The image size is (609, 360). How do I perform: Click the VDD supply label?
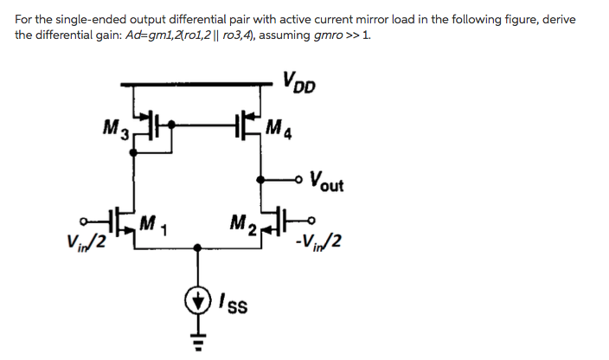coord(298,84)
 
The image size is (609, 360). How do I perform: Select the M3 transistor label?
coord(117,132)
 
